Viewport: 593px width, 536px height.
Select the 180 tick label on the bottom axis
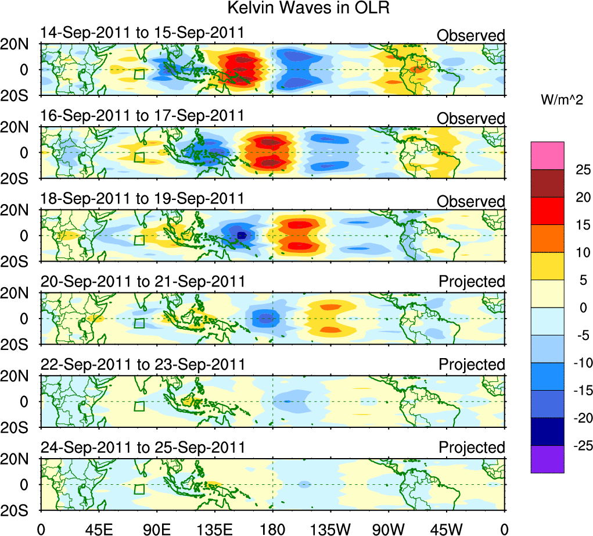[x=272, y=530]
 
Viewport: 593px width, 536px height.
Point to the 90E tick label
[x=156, y=530]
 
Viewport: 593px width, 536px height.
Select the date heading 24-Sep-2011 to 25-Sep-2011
[x=142, y=448]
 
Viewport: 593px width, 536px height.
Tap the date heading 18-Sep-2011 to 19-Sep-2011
[x=142, y=199]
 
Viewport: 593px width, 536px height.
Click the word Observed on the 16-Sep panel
[x=471, y=119]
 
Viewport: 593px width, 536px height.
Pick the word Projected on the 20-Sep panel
[x=472, y=282]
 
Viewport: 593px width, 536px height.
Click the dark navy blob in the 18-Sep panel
[x=242, y=235]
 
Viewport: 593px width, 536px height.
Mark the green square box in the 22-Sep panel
[x=139, y=406]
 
